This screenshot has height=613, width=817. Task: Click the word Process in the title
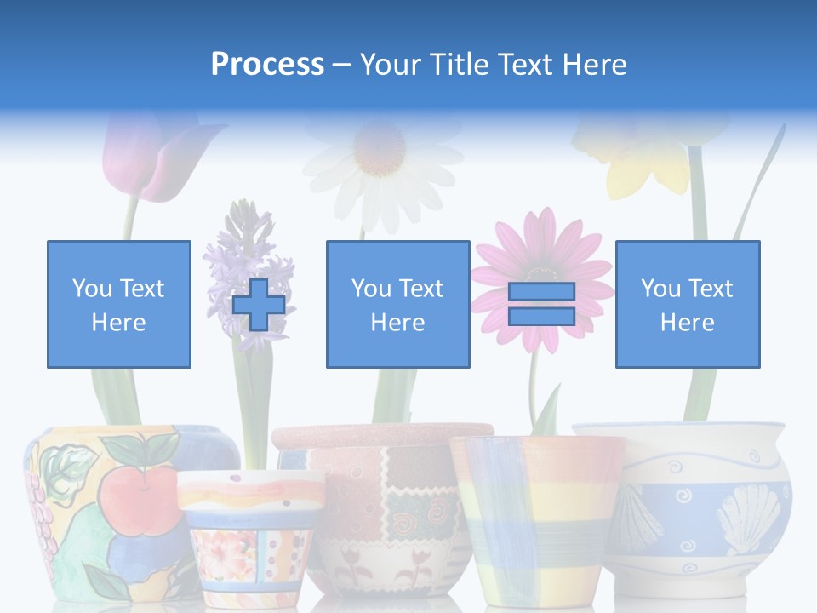[267, 65]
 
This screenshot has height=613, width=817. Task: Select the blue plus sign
[259, 304]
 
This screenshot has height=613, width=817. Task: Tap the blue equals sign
[541, 304]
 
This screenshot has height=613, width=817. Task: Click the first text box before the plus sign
[119, 304]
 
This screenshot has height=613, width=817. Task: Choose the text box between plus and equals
[397, 304]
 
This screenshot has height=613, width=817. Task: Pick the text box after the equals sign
[687, 304]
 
